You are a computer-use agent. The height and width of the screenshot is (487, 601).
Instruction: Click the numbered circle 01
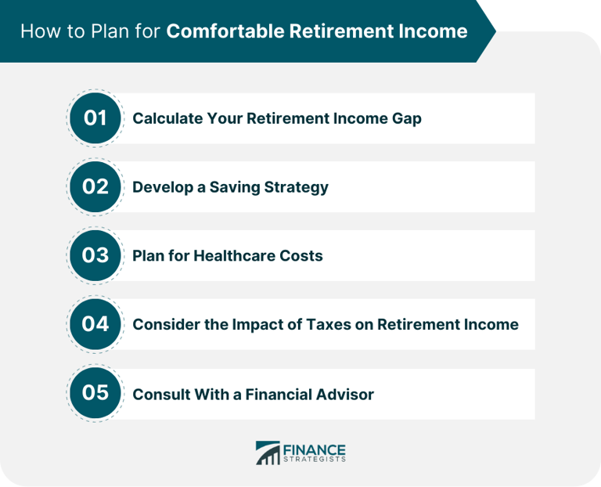click(95, 118)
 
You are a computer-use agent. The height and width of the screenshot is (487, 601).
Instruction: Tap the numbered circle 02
click(95, 187)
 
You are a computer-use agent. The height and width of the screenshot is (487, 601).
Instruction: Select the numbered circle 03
click(95, 255)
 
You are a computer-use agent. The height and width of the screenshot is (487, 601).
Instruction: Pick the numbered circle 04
click(95, 323)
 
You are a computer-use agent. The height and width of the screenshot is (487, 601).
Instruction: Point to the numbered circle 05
click(95, 392)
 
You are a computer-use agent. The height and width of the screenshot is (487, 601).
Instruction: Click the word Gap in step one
click(406, 119)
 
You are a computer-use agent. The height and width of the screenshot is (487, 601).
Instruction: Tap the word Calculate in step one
click(166, 118)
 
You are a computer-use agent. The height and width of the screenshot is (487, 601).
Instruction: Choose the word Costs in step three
click(300, 256)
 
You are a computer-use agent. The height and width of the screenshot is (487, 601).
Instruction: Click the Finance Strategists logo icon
click(268, 453)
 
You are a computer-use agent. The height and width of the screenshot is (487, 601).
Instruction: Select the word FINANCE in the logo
click(315, 449)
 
